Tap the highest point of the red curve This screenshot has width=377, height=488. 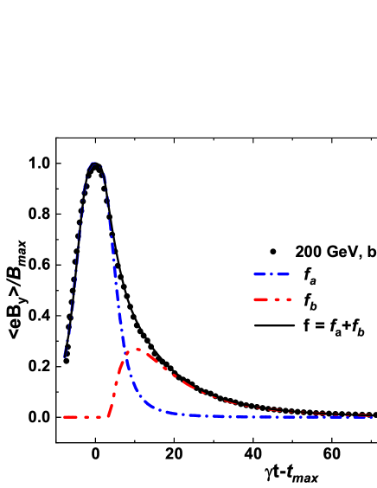pos(138,350)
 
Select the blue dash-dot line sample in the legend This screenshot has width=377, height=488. pos(272,274)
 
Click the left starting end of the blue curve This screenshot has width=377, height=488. pos(64,356)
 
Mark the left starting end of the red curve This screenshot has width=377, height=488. pos(64,417)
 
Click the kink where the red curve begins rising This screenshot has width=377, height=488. pos(109,416)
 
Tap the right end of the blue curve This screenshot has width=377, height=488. pos(373,417)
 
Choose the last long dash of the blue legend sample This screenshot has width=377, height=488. pos(283,274)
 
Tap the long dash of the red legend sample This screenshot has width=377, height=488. pos(261,299)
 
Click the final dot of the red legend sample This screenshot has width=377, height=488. pos(289,299)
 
